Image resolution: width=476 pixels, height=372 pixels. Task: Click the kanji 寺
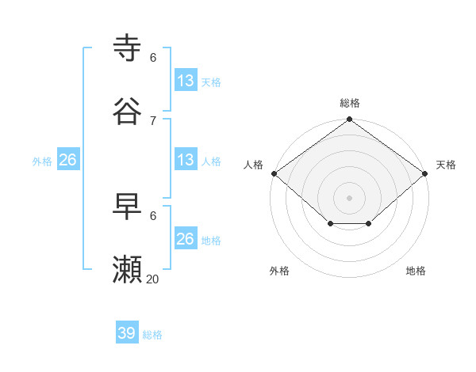(x=128, y=48)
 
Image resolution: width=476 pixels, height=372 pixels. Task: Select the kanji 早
(x=128, y=207)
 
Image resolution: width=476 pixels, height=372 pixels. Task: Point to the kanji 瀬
(x=128, y=270)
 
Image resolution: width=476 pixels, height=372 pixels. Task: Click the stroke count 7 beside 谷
(x=153, y=120)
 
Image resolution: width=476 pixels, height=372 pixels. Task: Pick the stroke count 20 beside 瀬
(x=153, y=279)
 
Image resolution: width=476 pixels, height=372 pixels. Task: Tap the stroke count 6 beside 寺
(x=153, y=58)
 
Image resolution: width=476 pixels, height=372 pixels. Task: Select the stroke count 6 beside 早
(x=153, y=215)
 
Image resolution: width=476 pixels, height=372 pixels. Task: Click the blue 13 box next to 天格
(x=186, y=81)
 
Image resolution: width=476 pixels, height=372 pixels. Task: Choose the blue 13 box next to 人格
(x=186, y=160)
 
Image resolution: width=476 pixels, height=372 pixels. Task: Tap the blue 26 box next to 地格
(x=186, y=239)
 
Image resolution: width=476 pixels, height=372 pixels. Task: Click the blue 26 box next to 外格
(x=67, y=160)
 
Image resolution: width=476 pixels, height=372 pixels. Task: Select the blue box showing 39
(x=127, y=333)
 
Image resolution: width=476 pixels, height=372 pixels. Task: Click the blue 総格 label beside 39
(x=153, y=335)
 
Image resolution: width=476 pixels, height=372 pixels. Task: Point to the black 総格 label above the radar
(x=350, y=103)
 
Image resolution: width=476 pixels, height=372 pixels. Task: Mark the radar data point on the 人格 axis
(x=274, y=173)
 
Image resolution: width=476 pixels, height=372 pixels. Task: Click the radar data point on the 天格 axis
(x=426, y=173)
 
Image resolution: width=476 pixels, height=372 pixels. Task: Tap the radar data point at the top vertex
(x=350, y=120)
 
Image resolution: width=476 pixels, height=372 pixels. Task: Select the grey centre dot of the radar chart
(x=350, y=197)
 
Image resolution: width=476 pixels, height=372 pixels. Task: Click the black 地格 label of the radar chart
(x=416, y=271)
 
